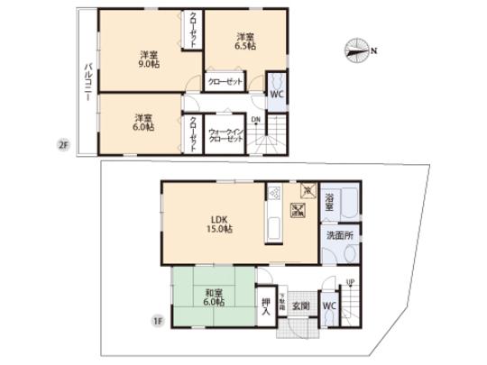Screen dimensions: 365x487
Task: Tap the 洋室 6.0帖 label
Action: point(143,122)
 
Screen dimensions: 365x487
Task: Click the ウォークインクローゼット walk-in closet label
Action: point(225,134)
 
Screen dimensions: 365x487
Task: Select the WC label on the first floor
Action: point(328,306)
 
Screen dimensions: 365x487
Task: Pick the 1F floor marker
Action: point(156,319)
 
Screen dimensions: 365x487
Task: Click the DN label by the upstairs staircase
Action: point(254,119)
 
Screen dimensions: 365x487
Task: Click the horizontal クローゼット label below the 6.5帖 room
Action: point(225,82)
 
